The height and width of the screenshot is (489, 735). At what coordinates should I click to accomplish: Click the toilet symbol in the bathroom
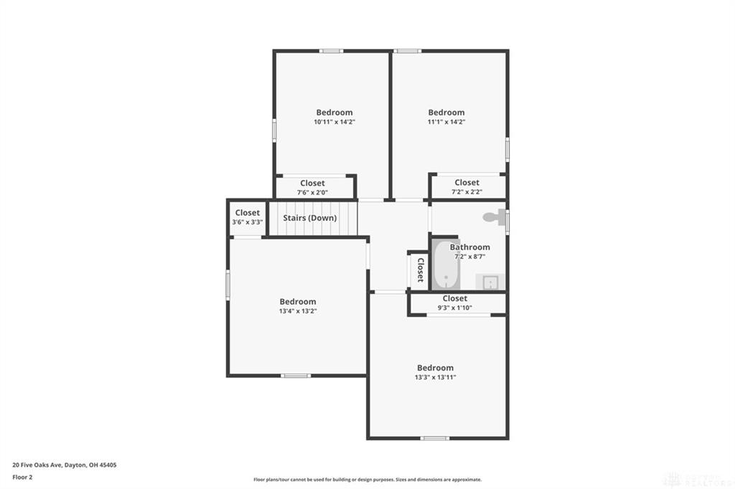pyautogui.click(x=494, y=217)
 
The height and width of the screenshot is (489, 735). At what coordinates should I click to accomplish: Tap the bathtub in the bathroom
pyautogui.click(x=446, y=265)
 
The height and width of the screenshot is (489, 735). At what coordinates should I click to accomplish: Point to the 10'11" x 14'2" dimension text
pyautogui.click(x=334, y=122)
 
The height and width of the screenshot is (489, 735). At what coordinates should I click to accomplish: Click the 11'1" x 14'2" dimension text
pyautogui.click(x=446, y=122)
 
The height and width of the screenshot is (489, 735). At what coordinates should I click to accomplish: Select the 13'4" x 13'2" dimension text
pyautogui.click(x=298, y=311)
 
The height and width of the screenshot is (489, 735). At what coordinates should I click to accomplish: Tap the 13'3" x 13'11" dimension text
pyautogui.click(x=436, y=377)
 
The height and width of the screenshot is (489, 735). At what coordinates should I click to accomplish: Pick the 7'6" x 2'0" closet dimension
pyautogui.click(x=312, y=192)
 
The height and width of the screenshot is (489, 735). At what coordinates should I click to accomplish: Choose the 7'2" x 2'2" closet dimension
pyautogui.click(x=467, y=192)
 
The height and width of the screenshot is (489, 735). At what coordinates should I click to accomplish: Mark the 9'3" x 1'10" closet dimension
pyautogui.click(x=455, y=308)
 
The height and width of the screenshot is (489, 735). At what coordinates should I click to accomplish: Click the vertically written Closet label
pyautogui.click(x=420, y=270)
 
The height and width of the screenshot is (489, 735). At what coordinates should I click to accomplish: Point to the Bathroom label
pyautogui.click(x=470, y=247)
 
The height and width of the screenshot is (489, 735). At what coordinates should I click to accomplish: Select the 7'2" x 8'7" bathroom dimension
pyautogui.click(x=470, y=256)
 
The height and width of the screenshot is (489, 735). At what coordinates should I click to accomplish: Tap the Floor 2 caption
pyautogui.click(x=23, y=476)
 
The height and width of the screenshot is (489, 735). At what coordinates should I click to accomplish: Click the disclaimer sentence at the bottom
pyautogui.click(x=367, y=480)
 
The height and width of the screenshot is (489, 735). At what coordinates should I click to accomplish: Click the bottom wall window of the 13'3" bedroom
pyautogui.click(x=435, y=438)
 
